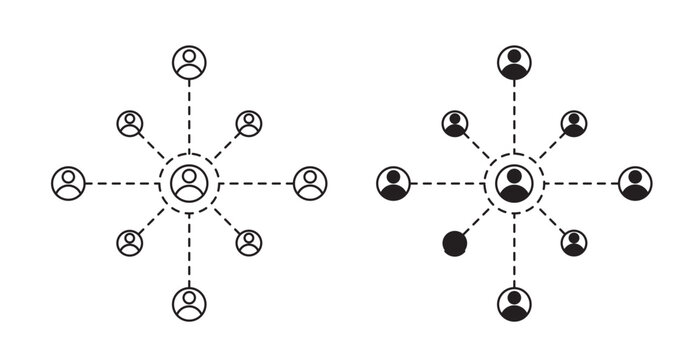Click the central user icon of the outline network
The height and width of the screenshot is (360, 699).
click(x=189, y=183)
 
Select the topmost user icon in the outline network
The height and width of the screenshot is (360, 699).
click(x=189, y=63)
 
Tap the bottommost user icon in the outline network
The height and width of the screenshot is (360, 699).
click(x=189, y=302)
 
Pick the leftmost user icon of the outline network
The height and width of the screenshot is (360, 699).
click(x=68, y=183)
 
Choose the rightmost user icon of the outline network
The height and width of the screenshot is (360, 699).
click(x=310, y=183)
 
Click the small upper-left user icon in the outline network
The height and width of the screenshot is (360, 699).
click(x=130, y=124)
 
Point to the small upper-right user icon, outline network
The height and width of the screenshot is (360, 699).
click(x=249, y=124)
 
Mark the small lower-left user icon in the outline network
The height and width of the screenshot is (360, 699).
click(x=130, y=243)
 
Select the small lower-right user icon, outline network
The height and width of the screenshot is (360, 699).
click(x=249, y=243)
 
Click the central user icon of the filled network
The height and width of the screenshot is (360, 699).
click(x=514, y=183)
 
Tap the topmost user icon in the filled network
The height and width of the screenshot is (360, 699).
click(x=514, y=63)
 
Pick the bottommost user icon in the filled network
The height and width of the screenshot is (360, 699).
click(x=514, y=302)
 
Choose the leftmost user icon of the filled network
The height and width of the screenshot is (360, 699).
click(x=393, y=183)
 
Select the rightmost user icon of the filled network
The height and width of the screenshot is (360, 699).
click(x=635, y=183)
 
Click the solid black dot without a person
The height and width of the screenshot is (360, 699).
click(x=455, y=243)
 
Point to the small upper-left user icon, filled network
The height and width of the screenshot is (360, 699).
click(x=455, y=124)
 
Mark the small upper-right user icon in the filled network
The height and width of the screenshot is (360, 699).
click(x=574, y=124)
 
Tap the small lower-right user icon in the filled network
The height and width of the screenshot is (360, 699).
click(x=574, y=243)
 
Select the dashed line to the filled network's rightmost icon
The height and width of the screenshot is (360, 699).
click(x=580, y=183)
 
